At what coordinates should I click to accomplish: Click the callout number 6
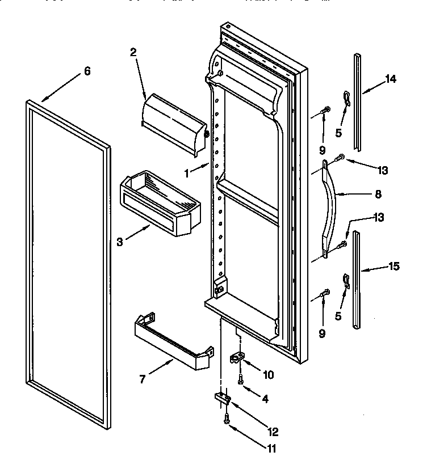tap(87, 71)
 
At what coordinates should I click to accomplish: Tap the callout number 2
tap(133, 53)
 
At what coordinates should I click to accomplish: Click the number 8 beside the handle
tap(378, 194)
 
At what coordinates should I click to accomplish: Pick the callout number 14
tap(390, 79)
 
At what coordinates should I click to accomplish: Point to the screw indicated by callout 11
tap(227, 420)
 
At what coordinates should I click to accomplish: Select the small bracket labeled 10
tap(237, 358)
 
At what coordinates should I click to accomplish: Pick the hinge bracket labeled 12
tap(221, 399)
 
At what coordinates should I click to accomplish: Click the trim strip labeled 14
tap(357, 108)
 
